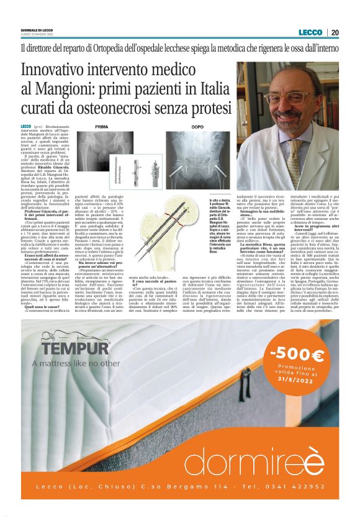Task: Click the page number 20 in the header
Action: click(335, 33)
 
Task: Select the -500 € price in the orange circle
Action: click(297, 355)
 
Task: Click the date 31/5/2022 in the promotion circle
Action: click(298, 381)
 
